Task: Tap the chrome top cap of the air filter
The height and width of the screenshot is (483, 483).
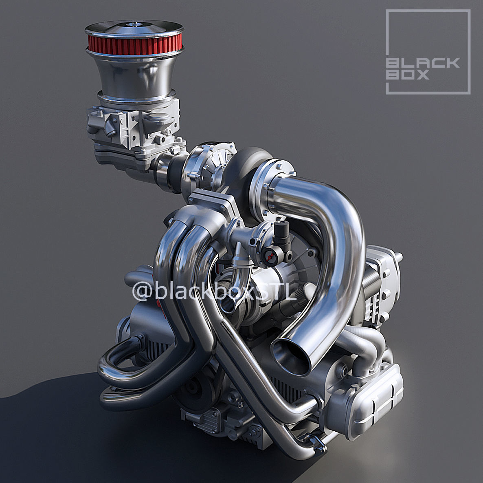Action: [134, 28]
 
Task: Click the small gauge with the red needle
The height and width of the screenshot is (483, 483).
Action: [269, 256]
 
